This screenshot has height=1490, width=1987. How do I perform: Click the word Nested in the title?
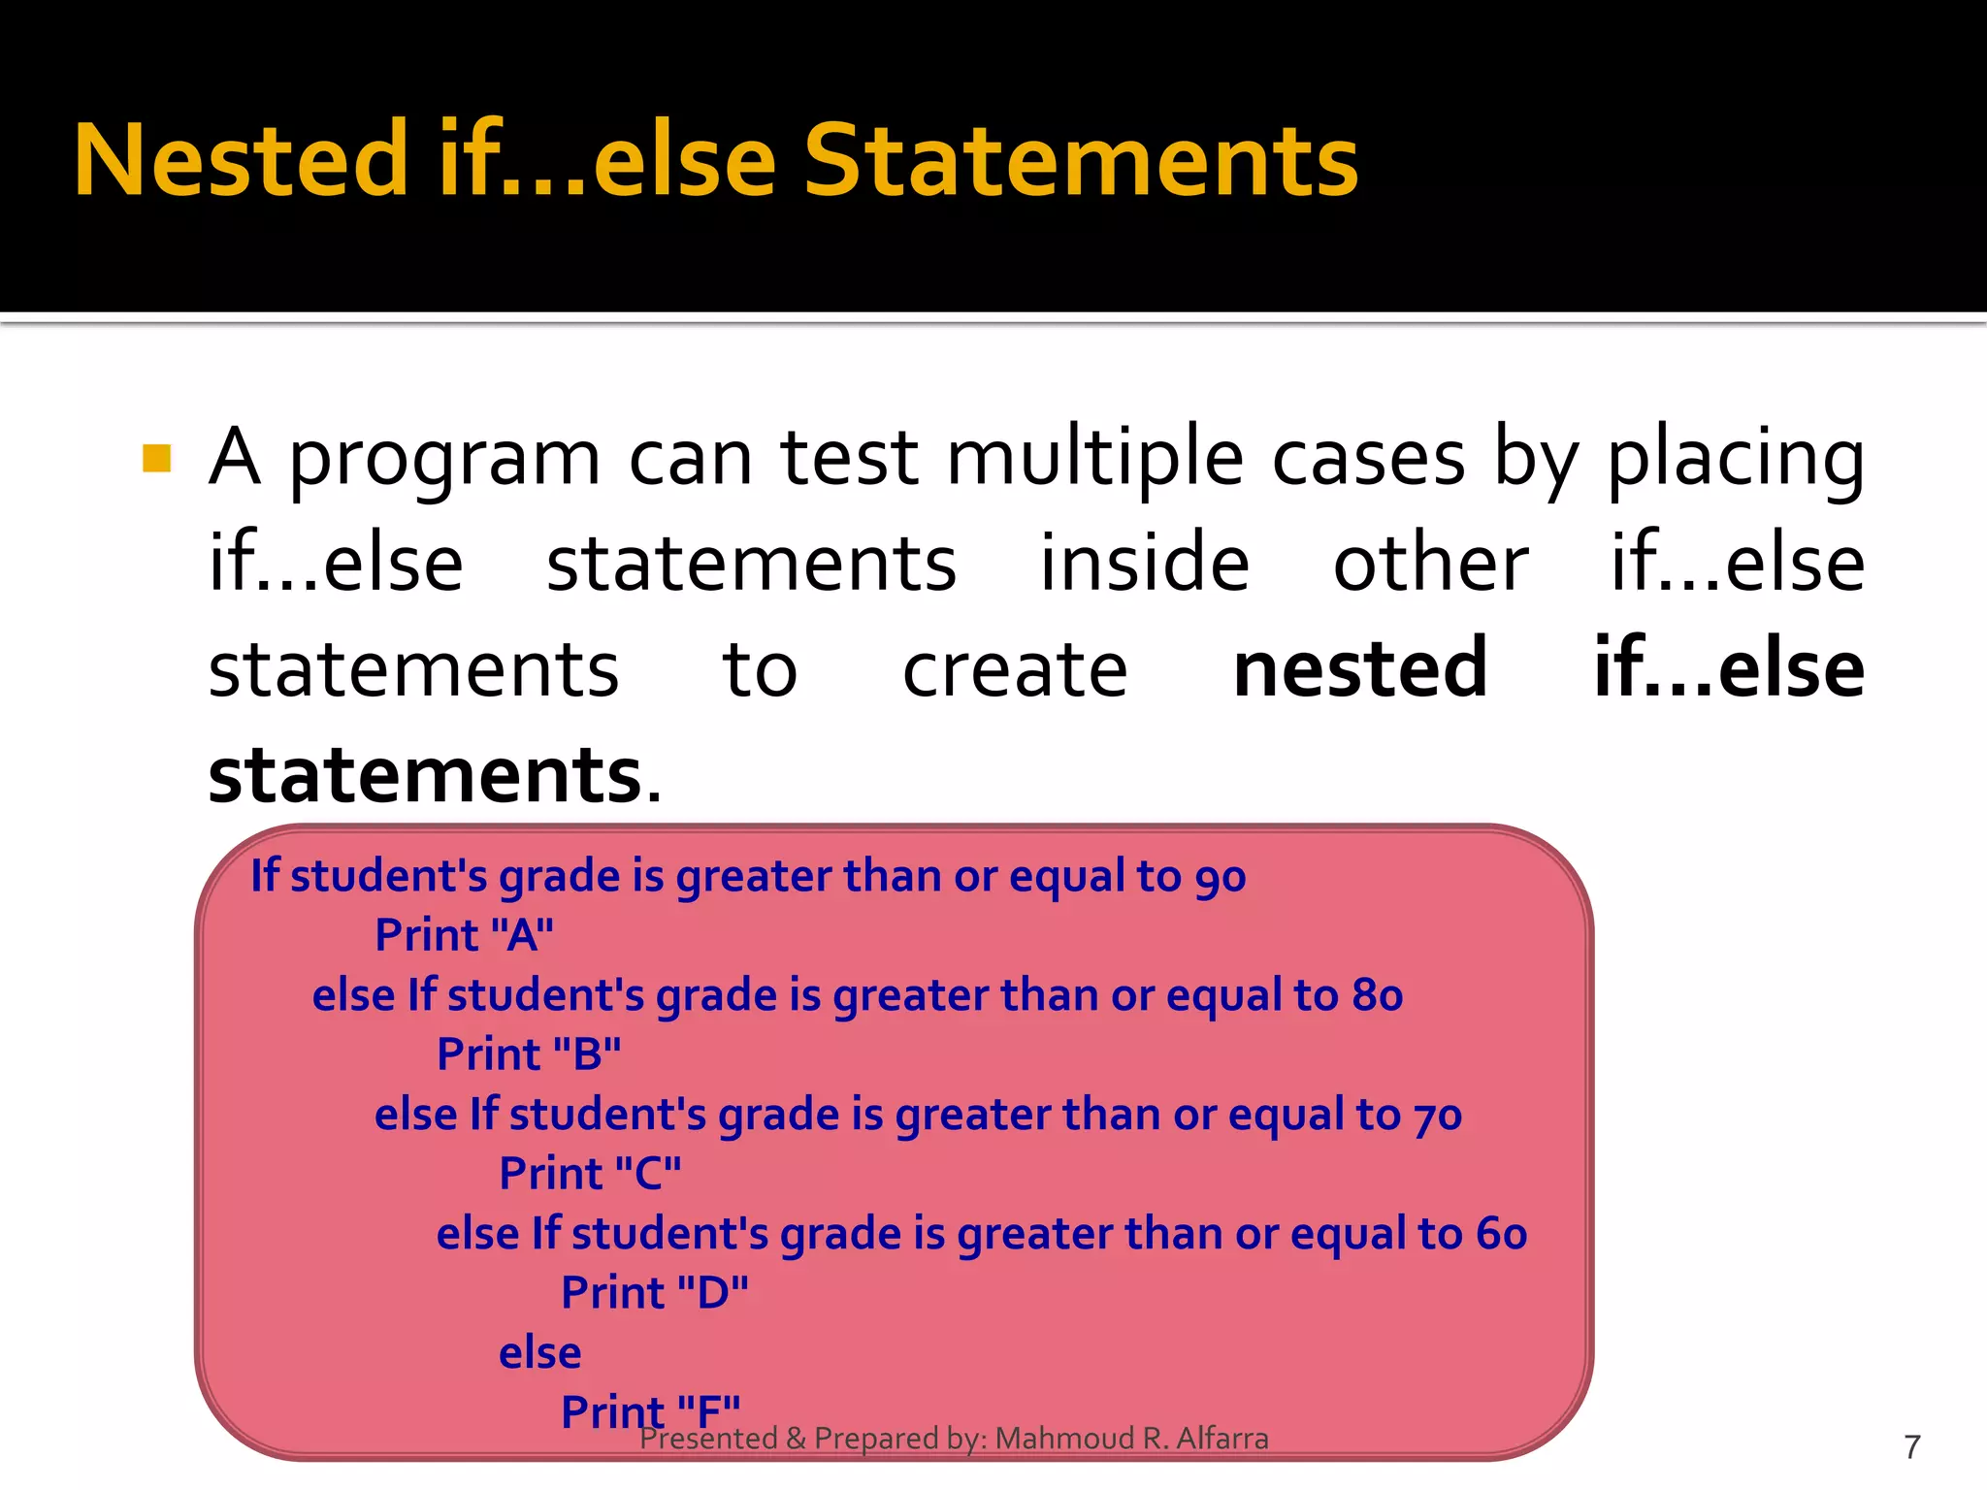pyautogui.click(x=241, y=161)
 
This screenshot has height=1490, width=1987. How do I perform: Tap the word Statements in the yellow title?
pyautogui.click(x=1081, y=161)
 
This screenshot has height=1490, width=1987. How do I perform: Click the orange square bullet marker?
pyautogui.click(x=156, y=458)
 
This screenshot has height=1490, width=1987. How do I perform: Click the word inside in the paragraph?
pyautogui.click(x=1145, y=564)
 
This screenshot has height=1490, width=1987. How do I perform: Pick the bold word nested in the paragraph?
pyautogui.click(x=1360, y=668)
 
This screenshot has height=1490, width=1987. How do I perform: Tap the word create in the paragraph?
pyautogui.click(x=1015, y=670)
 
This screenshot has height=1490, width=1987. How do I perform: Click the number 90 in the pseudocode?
pyautogui.click(x=1221, y=877)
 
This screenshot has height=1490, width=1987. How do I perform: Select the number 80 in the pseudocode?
pyautogui.click(x=1378, y=996)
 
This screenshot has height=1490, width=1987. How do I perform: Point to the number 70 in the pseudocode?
pyautogui.click(x=1438, y=1116)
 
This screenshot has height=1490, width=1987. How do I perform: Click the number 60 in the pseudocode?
pyautogui.click(x=1502, y=1235)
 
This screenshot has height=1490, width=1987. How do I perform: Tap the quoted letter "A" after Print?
pyautogui.click(x=522, y=936)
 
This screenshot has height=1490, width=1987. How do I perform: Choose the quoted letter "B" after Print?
pyautogui.click(x=587, y=1055)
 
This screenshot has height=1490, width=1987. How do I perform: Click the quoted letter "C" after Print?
pyautogui.click(x=648, y=1175)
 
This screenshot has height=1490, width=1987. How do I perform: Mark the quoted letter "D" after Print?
pyautogui.click(x=712, y=1294)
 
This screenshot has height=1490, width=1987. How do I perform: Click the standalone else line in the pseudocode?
pyautogui.click(x=539, y=1353)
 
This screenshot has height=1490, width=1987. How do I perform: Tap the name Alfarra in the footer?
pyautogui.click(x=1222, y=1439)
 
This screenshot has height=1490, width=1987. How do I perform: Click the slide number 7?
pyautogui.click(x=1912, y=1447)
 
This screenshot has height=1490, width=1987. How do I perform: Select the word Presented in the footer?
pyautogui.click(x=709, y=1439)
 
